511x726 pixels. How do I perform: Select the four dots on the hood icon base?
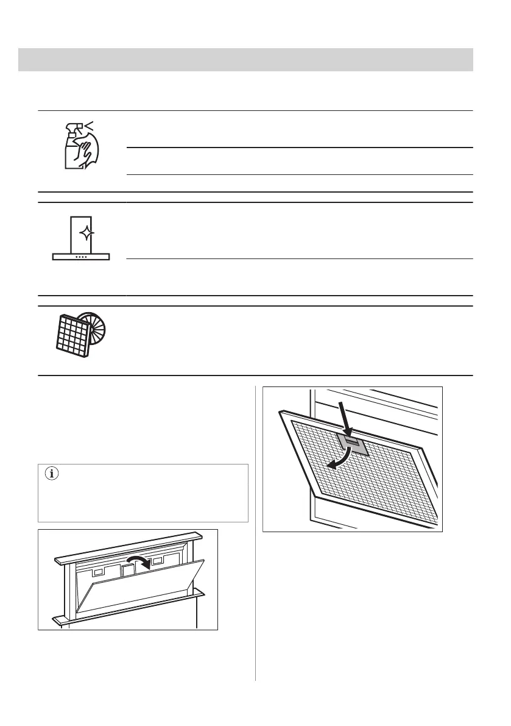click(x=81, y=257)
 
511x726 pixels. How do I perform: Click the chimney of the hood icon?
click(x=80, y=232)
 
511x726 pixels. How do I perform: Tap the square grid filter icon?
click(x=72, y=332)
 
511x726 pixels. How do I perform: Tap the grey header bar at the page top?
click(x=245, y=60)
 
